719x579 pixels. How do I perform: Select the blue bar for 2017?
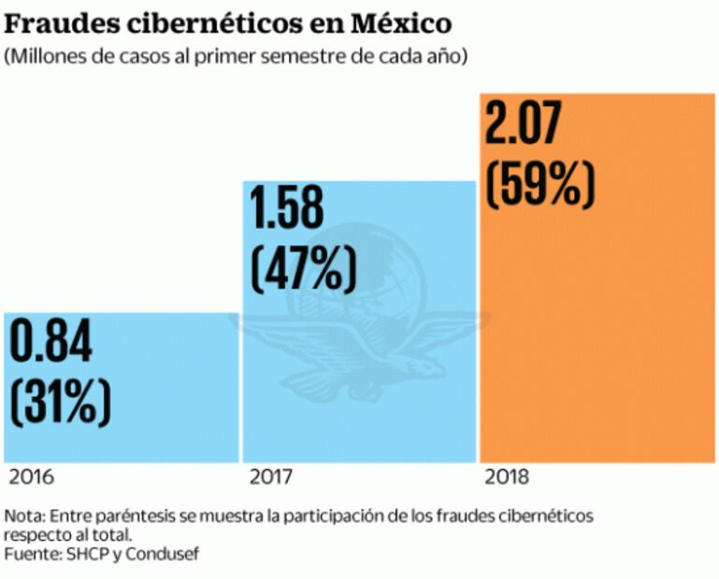coord(360,392)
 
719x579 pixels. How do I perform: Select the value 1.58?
coord(301,210)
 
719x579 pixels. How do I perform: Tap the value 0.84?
coord(52,344)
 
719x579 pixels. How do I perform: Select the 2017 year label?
coord(272,478)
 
